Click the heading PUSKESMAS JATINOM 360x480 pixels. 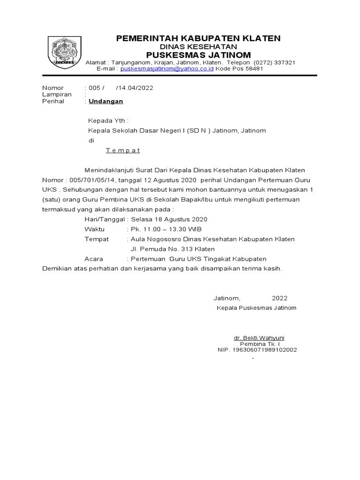198,55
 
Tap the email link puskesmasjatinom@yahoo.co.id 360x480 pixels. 167,68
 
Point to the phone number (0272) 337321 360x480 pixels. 274,62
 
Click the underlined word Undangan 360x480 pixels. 106,101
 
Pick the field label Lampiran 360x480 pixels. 57,94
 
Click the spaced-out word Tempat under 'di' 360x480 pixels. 122,150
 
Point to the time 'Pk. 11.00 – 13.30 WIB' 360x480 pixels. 166,229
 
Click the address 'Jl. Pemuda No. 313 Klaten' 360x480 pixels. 172,249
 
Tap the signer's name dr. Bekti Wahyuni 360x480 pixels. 259,338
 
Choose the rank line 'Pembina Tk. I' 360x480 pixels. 259,344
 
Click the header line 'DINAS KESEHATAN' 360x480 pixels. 198,47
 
